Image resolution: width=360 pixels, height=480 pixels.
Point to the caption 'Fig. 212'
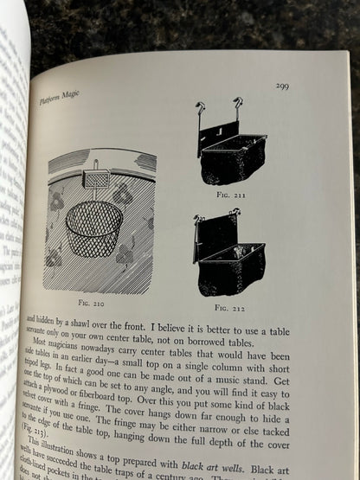pos(229,308)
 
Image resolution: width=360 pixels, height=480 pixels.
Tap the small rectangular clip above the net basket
pos(94,180)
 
